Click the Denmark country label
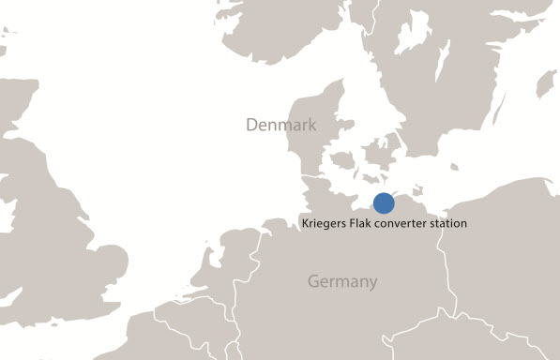click(280, 126)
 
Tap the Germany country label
click(342, 281)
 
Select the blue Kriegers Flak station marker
click(384, 202)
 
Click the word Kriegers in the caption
click(326, 224)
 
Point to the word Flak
click(366, 224)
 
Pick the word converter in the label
click(407, 224)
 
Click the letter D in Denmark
click(251, 126)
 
